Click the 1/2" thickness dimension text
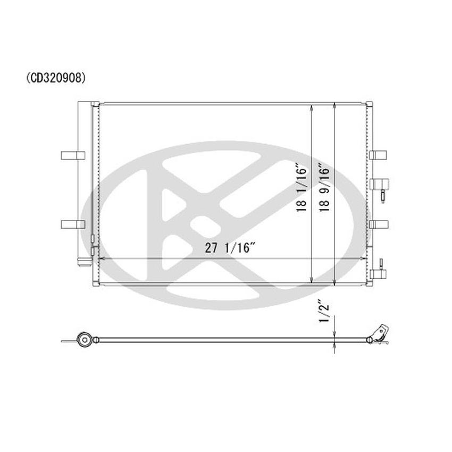tap(322, 314)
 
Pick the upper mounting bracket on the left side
tap(73, 155)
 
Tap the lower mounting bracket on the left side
tap(73, 223)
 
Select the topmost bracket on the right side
tap(379, 155)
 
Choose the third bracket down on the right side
tap(379, 223)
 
